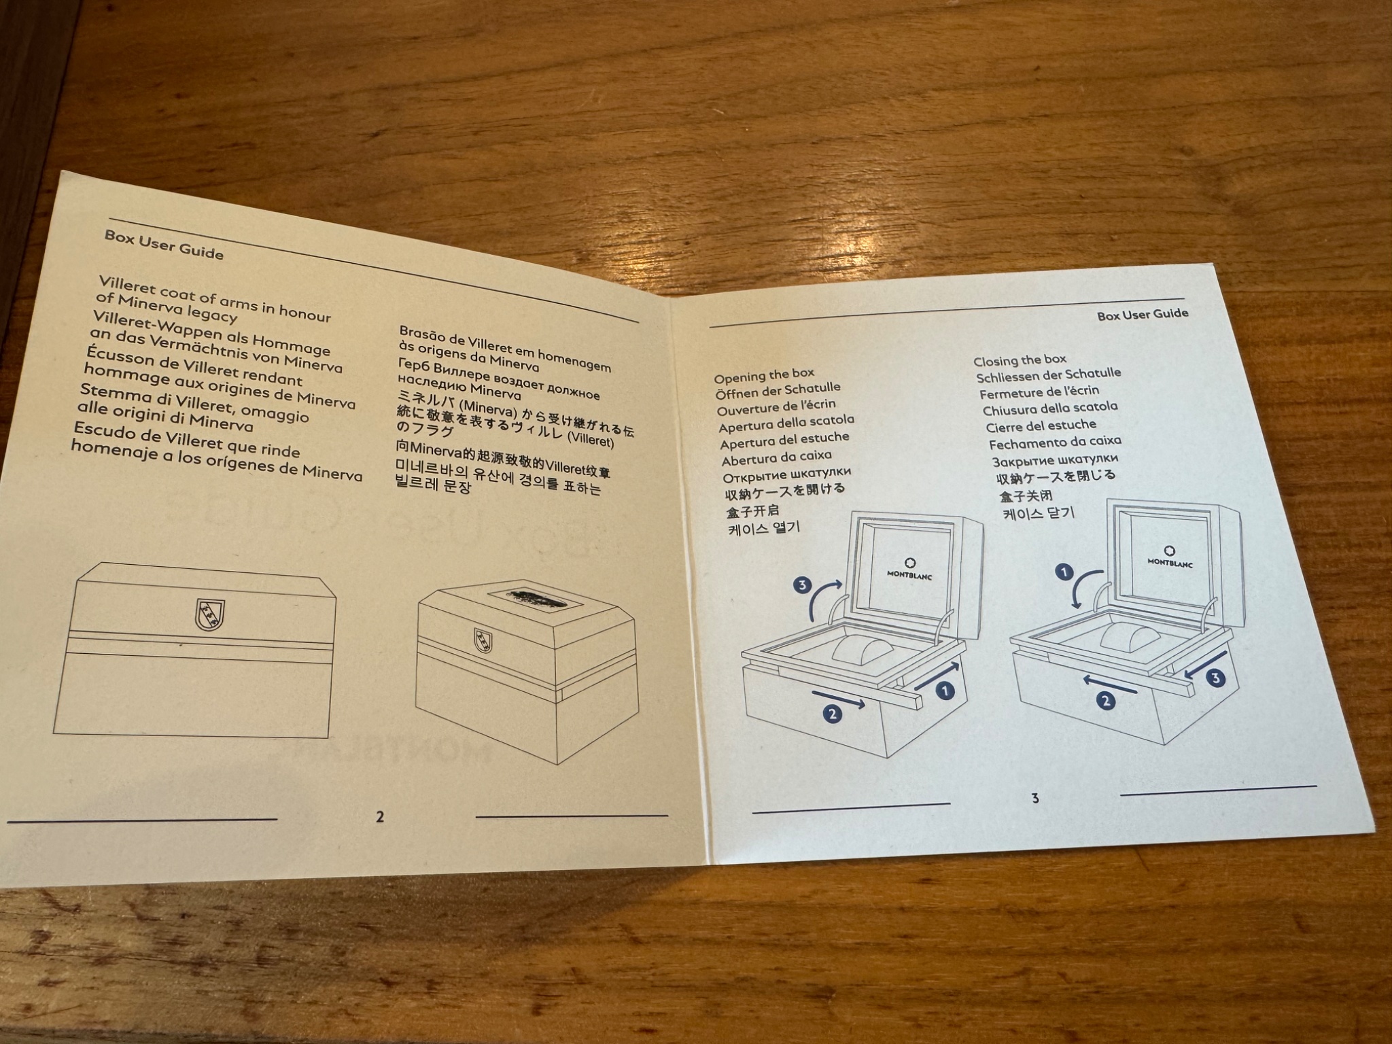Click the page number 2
(380, 816)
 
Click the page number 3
(1035, 798)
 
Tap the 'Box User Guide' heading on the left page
(164, 244)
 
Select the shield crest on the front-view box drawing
(210, 615)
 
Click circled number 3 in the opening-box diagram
(803, 585)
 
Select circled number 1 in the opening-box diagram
(945, 691)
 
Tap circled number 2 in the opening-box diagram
(833, 713)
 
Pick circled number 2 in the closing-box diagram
(1106, 701)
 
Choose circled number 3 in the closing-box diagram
(1216, 678)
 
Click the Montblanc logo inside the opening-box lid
(909, 570)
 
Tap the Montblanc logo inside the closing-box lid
(1170, 557)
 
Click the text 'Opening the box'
(764, 375)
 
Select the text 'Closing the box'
(1020, 360)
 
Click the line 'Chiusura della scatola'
(1050, 408)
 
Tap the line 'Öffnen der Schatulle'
(778, 391)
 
